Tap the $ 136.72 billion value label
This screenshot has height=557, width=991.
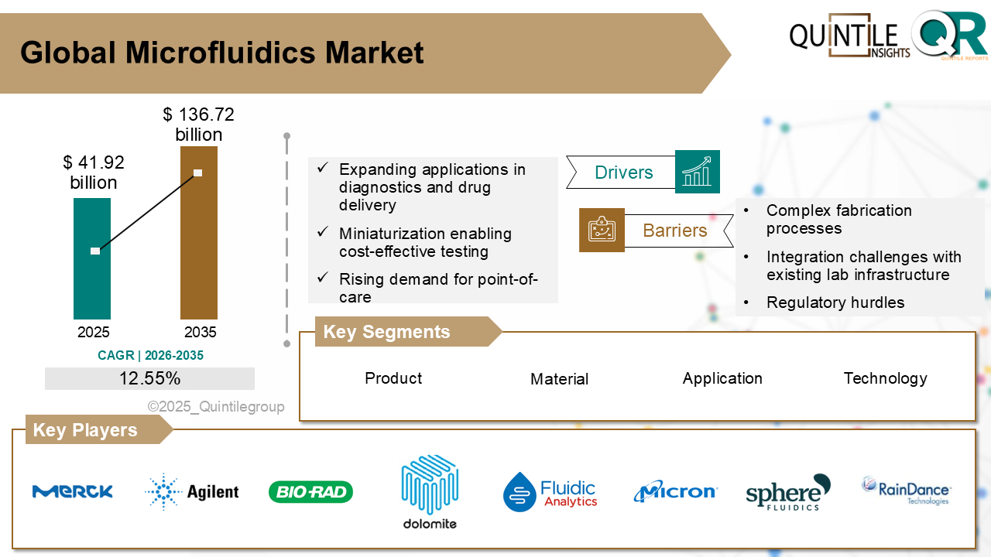(x=198, y=125)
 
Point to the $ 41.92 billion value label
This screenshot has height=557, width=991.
(x=94, y=173)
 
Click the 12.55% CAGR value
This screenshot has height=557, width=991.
(x=149, y=378)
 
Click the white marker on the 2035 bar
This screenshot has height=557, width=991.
(x=198, y=173)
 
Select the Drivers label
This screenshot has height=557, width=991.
(x=623, y=173)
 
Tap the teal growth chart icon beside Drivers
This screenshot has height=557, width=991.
(x=697, y=172)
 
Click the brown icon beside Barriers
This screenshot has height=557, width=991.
(x=602, y=230)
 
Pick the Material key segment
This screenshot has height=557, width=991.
(x=559, y=379)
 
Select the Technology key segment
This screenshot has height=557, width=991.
(x=885, y=378)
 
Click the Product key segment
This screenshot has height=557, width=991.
(x=393, y=378)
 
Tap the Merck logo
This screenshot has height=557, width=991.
(x=73, y=491)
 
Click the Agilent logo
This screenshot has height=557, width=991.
(x=192, y=491)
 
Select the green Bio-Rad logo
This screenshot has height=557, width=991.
(x=310, y=492)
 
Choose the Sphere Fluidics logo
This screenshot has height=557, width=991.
(x=787, y=492)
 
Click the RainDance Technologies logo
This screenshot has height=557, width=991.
(x=906, y=490)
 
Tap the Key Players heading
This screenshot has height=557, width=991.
(x=85, y=430)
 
